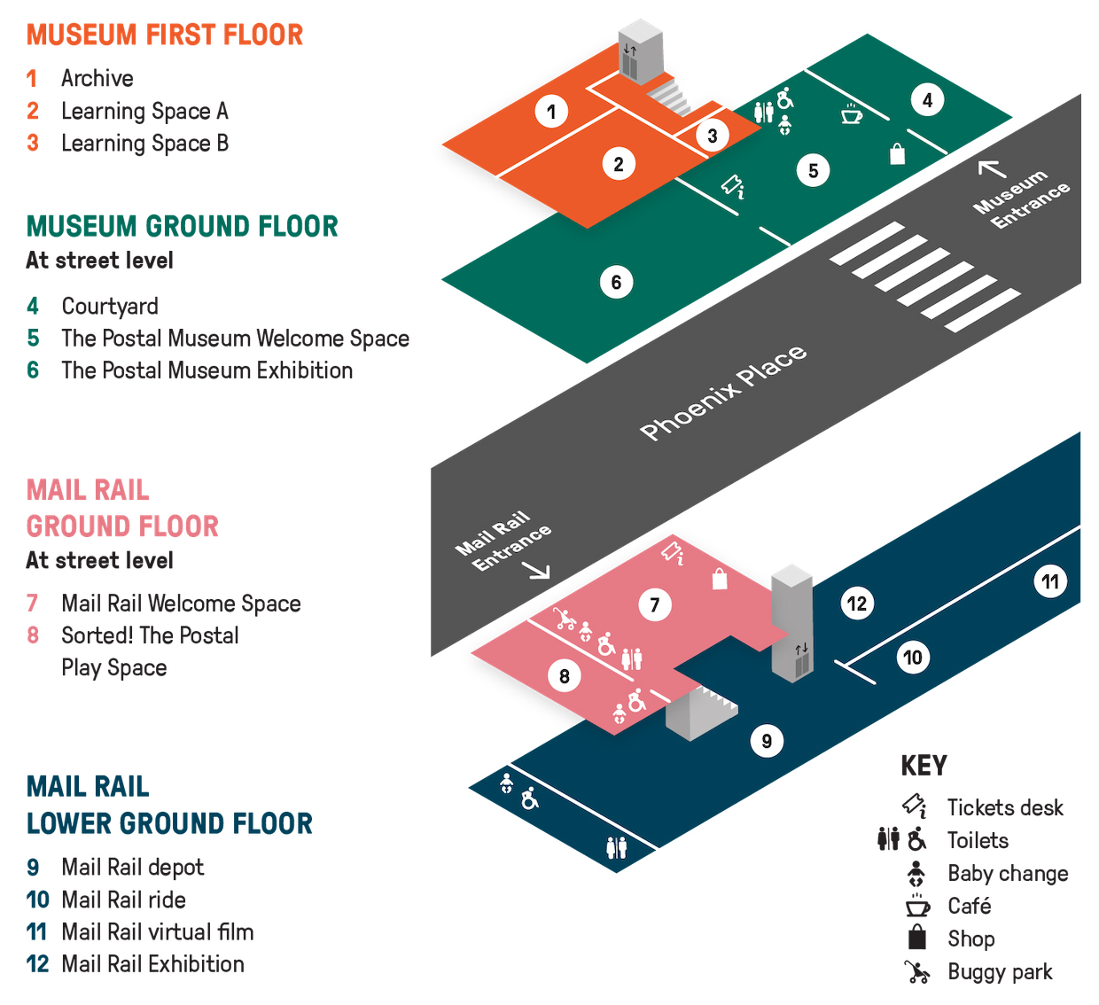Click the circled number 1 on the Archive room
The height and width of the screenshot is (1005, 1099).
[551, 112]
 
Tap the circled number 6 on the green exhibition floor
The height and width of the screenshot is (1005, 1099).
[616, 283]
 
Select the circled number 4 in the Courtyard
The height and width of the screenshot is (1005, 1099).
[927, 100]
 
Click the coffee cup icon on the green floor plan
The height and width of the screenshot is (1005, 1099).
[852, 114]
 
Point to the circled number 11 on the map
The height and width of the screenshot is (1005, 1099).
[1050, 581]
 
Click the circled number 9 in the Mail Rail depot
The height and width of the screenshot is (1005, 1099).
[767, 740]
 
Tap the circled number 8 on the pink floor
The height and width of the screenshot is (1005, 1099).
[565, 676]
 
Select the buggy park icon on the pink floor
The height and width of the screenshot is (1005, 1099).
[564, 619]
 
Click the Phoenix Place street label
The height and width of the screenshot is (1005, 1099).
[723, 393]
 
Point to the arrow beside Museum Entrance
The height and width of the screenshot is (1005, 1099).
[992, 167]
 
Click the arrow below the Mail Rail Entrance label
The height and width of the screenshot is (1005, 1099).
[538, 571]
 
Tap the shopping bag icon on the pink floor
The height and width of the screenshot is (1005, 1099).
[720, 579]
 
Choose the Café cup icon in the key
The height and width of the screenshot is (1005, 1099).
[917, 906]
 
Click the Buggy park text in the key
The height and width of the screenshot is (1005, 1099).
[1000, 972]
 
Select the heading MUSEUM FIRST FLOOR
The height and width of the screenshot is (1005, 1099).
[165, 35]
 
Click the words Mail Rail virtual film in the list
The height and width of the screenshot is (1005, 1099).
[157, 932]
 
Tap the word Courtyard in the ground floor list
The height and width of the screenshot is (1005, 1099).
[110, 307]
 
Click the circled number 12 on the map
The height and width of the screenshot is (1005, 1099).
[856, 604]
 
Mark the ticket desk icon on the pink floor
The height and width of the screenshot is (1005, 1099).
[673, 553]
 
